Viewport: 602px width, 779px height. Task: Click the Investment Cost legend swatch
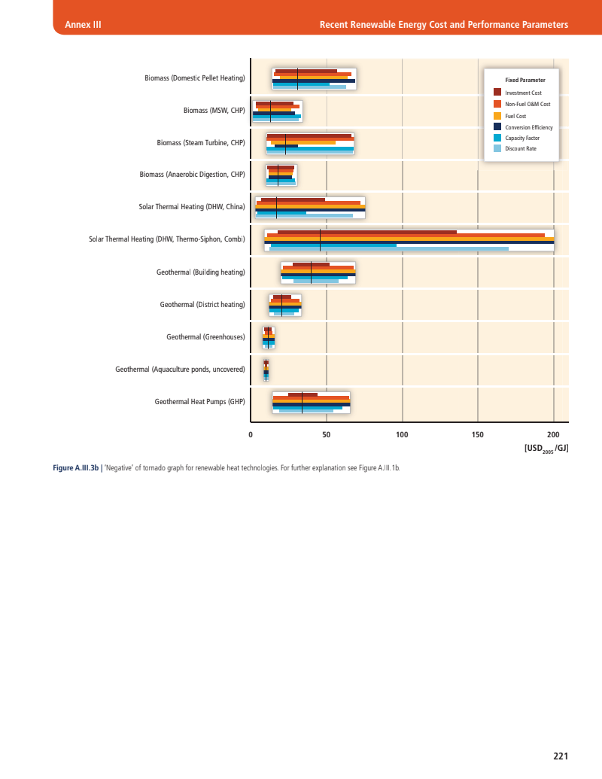point(497,92)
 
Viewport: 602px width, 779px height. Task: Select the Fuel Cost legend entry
point(515,116)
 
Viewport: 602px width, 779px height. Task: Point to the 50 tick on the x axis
point(327,435)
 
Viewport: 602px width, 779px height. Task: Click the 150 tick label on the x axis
point(478,435)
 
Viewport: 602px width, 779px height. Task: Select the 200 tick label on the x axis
point(553,435)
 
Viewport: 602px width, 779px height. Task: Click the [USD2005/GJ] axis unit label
point(546,449)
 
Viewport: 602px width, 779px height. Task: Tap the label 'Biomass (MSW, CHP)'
point(214,111)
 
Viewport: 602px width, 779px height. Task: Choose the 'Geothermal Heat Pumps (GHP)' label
point(200,402)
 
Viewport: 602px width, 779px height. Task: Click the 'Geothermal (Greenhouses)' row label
point(205,337)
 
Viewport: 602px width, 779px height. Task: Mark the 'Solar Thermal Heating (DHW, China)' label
point(192,207)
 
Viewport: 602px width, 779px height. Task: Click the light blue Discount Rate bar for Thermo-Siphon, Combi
point(388,248)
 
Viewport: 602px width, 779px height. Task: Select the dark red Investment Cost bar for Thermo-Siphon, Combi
point(366,232)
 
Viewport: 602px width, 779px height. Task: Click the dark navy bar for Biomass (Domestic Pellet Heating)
point(313,81)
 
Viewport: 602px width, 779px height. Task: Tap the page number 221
point(560,756)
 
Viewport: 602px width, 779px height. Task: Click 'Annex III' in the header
point(84,26)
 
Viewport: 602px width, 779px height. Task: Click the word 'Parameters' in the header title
point(543,26)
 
